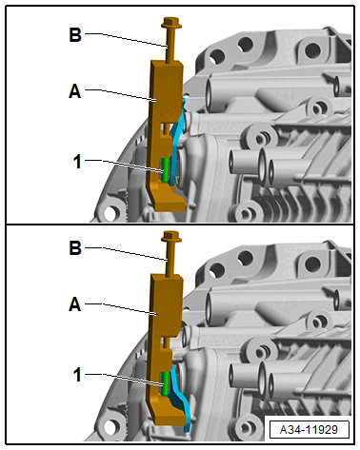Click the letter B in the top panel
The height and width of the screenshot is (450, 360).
(x=75, y=34)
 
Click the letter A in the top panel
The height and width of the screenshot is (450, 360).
(x=75, y=91)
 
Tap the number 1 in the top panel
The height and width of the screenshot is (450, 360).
(x=77, y=162)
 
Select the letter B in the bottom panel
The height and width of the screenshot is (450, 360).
(x=75, y=248)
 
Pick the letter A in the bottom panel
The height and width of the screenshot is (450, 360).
(x=75, y=304)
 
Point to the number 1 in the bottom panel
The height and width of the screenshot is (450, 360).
(x=77, y=375)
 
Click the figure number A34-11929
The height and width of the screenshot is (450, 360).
(x=309, y=430)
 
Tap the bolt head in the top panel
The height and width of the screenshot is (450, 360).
(x=171, y=22)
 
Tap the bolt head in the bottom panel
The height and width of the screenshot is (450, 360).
(x=171, y=236)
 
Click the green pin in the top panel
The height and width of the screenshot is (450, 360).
(x=165, y=170)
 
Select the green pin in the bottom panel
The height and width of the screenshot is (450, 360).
(x=165, y=383)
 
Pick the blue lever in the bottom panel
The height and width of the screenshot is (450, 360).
(x=180, y=397)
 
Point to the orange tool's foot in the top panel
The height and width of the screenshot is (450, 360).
(x=169, y=198)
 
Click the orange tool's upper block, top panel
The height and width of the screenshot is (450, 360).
(x=167, y=92)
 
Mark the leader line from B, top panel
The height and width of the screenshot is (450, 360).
(x=126, y=39)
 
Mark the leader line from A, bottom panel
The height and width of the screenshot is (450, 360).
(x=121, y=308)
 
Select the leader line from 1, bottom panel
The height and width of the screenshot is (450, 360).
(x=124, y=380)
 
